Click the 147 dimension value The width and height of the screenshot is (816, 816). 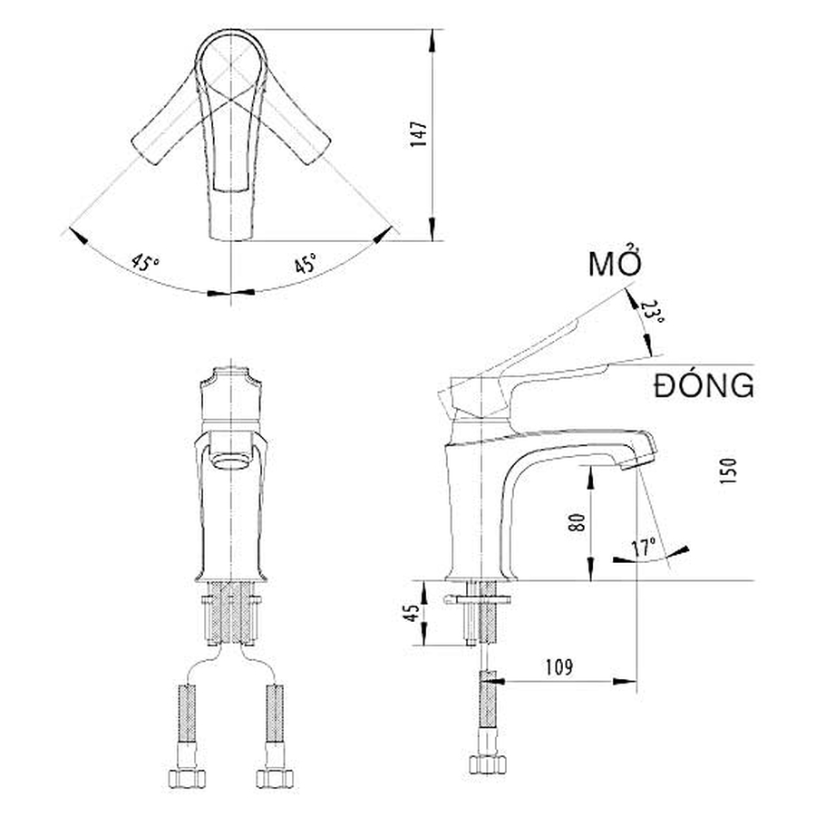pos(419,135)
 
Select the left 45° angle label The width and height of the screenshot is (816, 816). pos(144,264)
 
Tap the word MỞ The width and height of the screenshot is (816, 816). pos(616,266)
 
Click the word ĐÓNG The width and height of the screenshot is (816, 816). pos(703,385)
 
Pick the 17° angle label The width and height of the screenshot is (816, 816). pos(643,547)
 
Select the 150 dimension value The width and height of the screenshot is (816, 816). pos(731,471)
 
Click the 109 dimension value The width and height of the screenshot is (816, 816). pos(559,668)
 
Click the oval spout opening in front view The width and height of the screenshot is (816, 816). pos(231,459)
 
